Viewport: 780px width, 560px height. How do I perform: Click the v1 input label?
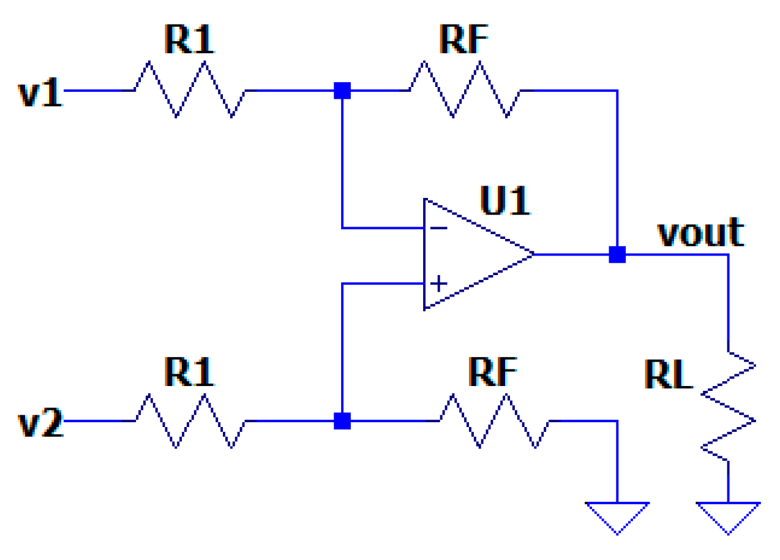(x=40, y=92)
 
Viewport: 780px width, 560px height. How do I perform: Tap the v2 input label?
(x=40, y=422)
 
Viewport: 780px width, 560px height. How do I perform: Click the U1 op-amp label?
(x=505, y=200)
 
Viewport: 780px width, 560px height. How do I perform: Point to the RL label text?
(x=668, y=374)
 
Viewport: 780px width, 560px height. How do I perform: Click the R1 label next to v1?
(x=189, y=39)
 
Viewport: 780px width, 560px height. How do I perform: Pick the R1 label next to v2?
(x=189, y=372)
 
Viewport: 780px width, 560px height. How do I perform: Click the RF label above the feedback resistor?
(x=464, y=39)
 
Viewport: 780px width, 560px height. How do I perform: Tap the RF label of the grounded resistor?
(x=493, y=372)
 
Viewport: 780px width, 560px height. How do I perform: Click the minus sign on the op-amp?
(x=439, y=229)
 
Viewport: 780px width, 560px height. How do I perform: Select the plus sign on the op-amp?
(x=439, y=284)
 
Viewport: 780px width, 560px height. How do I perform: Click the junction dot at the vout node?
(x=617, y=255)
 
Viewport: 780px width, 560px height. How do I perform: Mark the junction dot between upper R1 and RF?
(x=342, y=91)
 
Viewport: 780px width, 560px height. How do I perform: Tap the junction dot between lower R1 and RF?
(x=342, y=421)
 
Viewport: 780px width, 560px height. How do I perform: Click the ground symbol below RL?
(x=728, y=518)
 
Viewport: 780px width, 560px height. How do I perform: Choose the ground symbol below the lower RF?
(x=617, y=518)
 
